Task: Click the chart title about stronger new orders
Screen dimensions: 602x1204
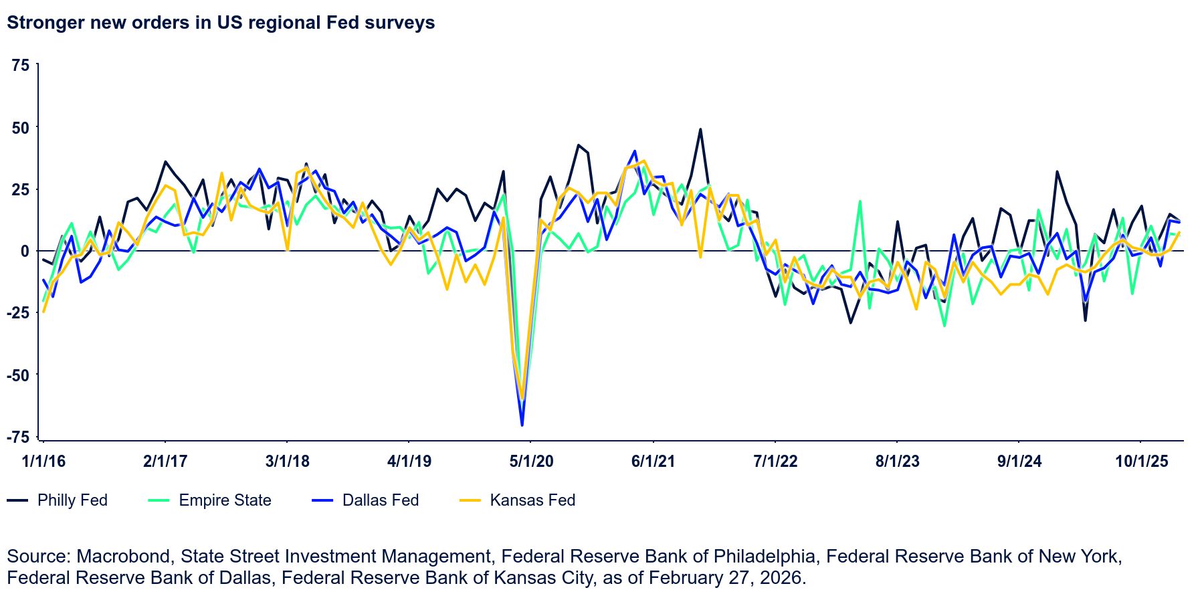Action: click(x=221, y=23)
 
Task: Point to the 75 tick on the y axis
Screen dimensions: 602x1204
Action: click(x=21, y=65)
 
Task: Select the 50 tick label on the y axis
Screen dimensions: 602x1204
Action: click(x=21, y=127)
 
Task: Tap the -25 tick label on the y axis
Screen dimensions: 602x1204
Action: click(x=18, y=313)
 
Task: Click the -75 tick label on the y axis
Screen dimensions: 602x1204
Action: click(x=18, y=437)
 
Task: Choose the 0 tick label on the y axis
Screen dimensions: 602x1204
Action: click(x=25, y=251)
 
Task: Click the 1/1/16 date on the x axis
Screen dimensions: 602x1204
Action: click(x=43, y=462)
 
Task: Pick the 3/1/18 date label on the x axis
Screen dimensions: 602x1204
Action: click(x=287, y=462)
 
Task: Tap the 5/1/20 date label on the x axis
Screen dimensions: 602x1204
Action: click(x=531, y=462)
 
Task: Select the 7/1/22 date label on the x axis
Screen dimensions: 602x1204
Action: click(x=775, y=462)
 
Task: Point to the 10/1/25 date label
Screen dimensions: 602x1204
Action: click(x=1141, y=462)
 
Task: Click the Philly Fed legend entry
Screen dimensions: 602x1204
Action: click(x=58, y=500)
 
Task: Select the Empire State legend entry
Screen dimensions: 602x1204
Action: click(x=210, y=500)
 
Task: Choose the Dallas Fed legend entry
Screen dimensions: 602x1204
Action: click(x=366, y=500)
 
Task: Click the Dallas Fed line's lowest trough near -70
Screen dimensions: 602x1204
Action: click(x=522, y=425)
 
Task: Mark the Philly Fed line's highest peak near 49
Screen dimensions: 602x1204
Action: click(x=700, y=130)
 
